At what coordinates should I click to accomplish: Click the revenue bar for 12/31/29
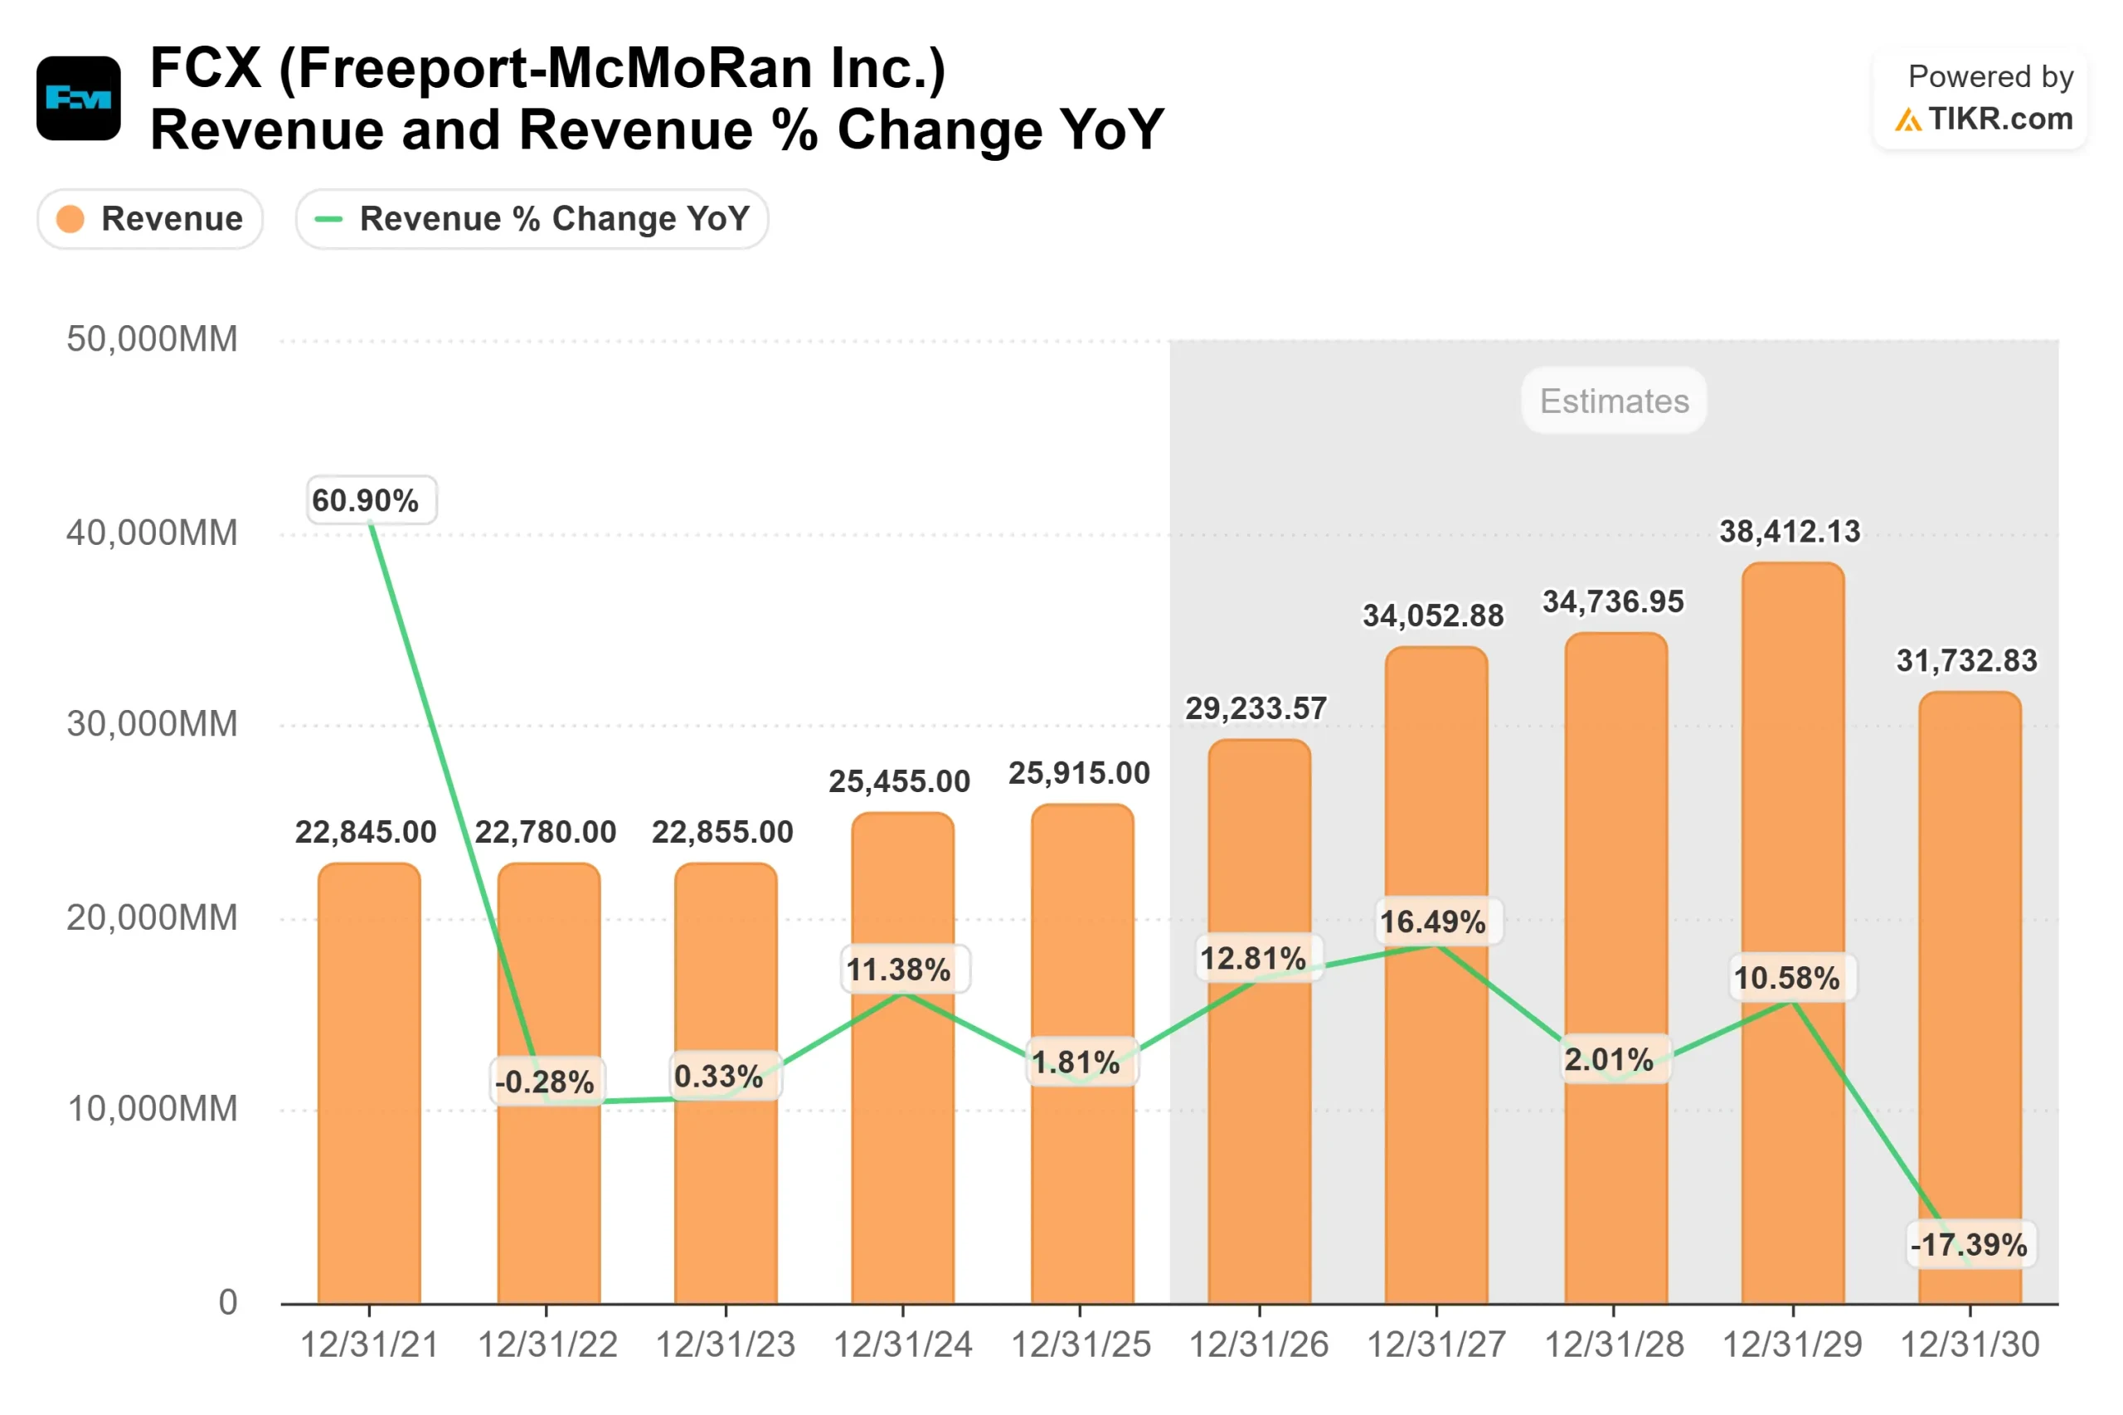coord(1792,1128)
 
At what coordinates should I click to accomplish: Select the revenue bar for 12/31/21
coord(369,1083)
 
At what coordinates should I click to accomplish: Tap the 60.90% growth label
coord(371,500)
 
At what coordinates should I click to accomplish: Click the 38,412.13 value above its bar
coord(1789,532)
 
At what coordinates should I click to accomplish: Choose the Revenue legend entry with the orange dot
coord(150,219)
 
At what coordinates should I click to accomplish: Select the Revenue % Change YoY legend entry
coord(532,219)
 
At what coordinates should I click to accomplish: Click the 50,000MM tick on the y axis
coord(152,339)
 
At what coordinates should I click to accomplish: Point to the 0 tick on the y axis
coord(227,1302)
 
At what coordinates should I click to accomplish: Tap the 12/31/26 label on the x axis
coord(1258,1344)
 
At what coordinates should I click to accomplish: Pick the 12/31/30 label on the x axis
coord(1969,1344)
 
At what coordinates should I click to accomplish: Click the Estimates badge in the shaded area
coord(1613,401)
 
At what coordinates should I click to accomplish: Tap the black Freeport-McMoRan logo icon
coord(79,99)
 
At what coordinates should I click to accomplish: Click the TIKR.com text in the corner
coord(1999,119)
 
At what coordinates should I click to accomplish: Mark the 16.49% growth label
coord(1432,921)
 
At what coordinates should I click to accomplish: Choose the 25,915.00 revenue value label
coord(1079,773)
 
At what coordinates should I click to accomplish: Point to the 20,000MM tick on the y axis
coord(152,918)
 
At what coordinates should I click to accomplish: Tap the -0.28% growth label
coord(545,1081)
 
